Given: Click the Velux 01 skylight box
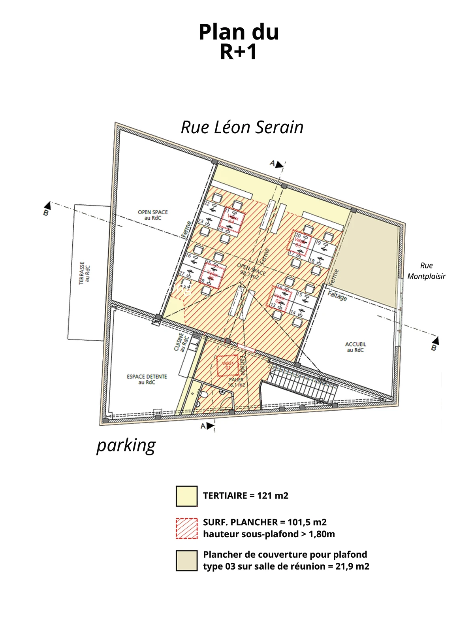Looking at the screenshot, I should (227, 366).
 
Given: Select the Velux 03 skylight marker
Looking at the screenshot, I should (299, 242).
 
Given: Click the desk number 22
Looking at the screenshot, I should (207, 204).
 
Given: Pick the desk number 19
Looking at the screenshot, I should (318, 243).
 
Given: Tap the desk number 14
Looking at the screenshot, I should (293, 313).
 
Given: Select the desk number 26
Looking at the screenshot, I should (188, 256).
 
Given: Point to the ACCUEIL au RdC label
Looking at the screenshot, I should (355, 347).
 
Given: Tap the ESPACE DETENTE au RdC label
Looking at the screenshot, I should (147, 379).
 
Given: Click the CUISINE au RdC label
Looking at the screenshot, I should (179, 342).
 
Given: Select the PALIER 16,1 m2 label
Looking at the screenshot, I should (236, 382).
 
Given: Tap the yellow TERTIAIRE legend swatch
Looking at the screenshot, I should (186, 496).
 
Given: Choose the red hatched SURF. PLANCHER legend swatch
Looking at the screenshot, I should (186, 528).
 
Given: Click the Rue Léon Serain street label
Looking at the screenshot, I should (242, 127).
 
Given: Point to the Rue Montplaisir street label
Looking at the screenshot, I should (426, 271).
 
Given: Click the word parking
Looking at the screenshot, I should (126, 445).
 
